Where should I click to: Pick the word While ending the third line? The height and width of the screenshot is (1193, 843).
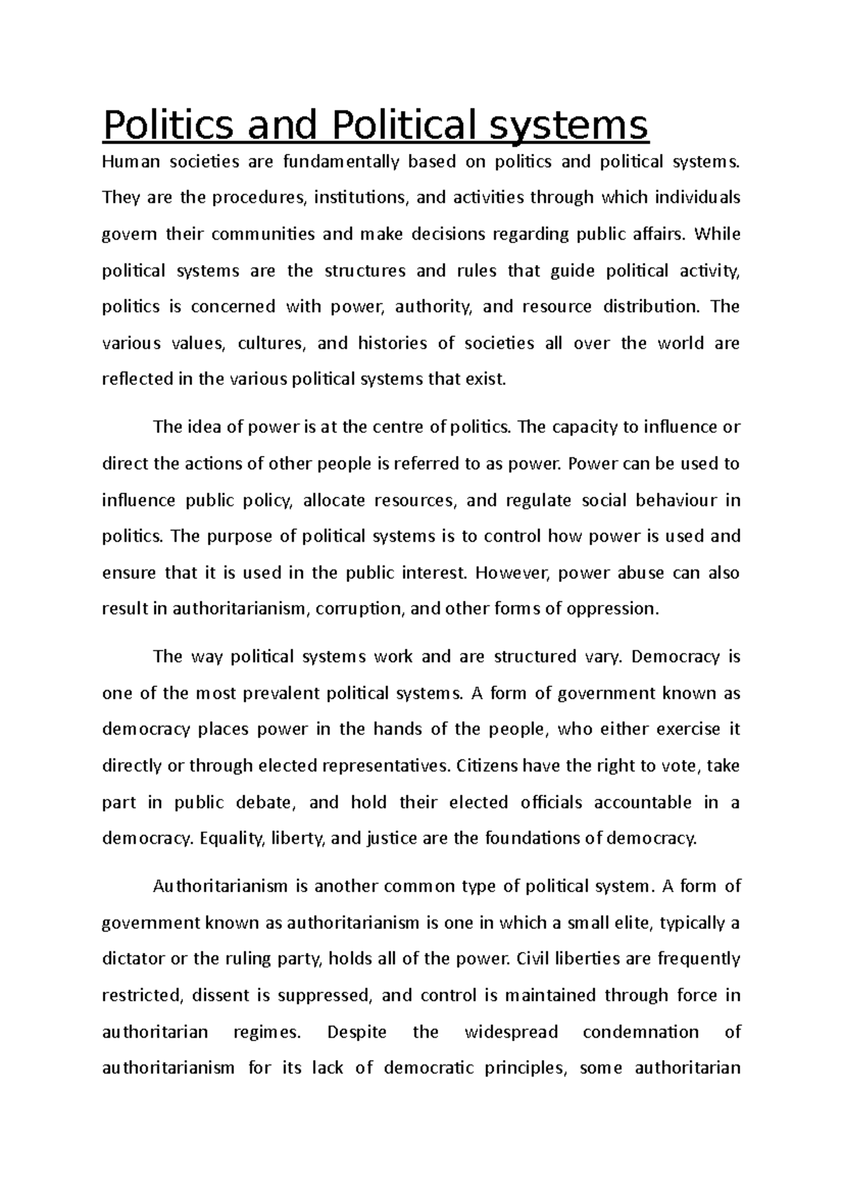point(717,234)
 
